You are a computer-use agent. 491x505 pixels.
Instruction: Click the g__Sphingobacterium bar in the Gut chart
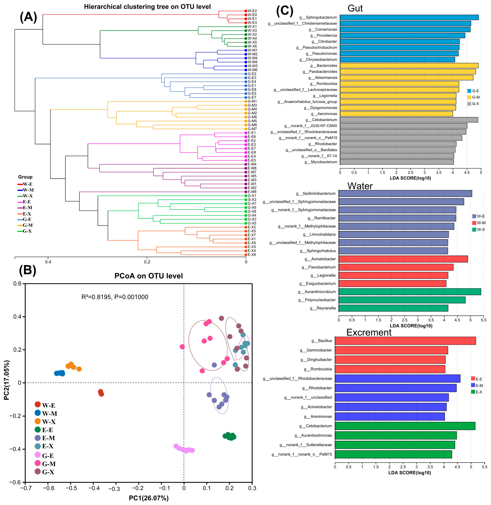[409, 17]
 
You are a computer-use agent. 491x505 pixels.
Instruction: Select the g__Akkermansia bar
[406, 78]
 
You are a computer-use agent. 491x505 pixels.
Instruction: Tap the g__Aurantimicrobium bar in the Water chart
[409, 291]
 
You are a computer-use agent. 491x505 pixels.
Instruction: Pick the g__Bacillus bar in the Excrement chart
[405, 341]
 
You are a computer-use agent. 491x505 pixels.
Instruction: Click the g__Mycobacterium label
[321, 162]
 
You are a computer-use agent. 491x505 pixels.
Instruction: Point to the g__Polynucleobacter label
[317, 300]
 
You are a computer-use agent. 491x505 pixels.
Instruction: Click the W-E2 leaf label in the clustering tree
[252, 11]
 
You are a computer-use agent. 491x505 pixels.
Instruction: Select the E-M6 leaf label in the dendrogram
[252, 192]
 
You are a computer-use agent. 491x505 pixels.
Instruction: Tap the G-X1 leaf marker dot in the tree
[246, 196]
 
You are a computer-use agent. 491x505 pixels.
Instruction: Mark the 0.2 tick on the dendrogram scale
[147, 262]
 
